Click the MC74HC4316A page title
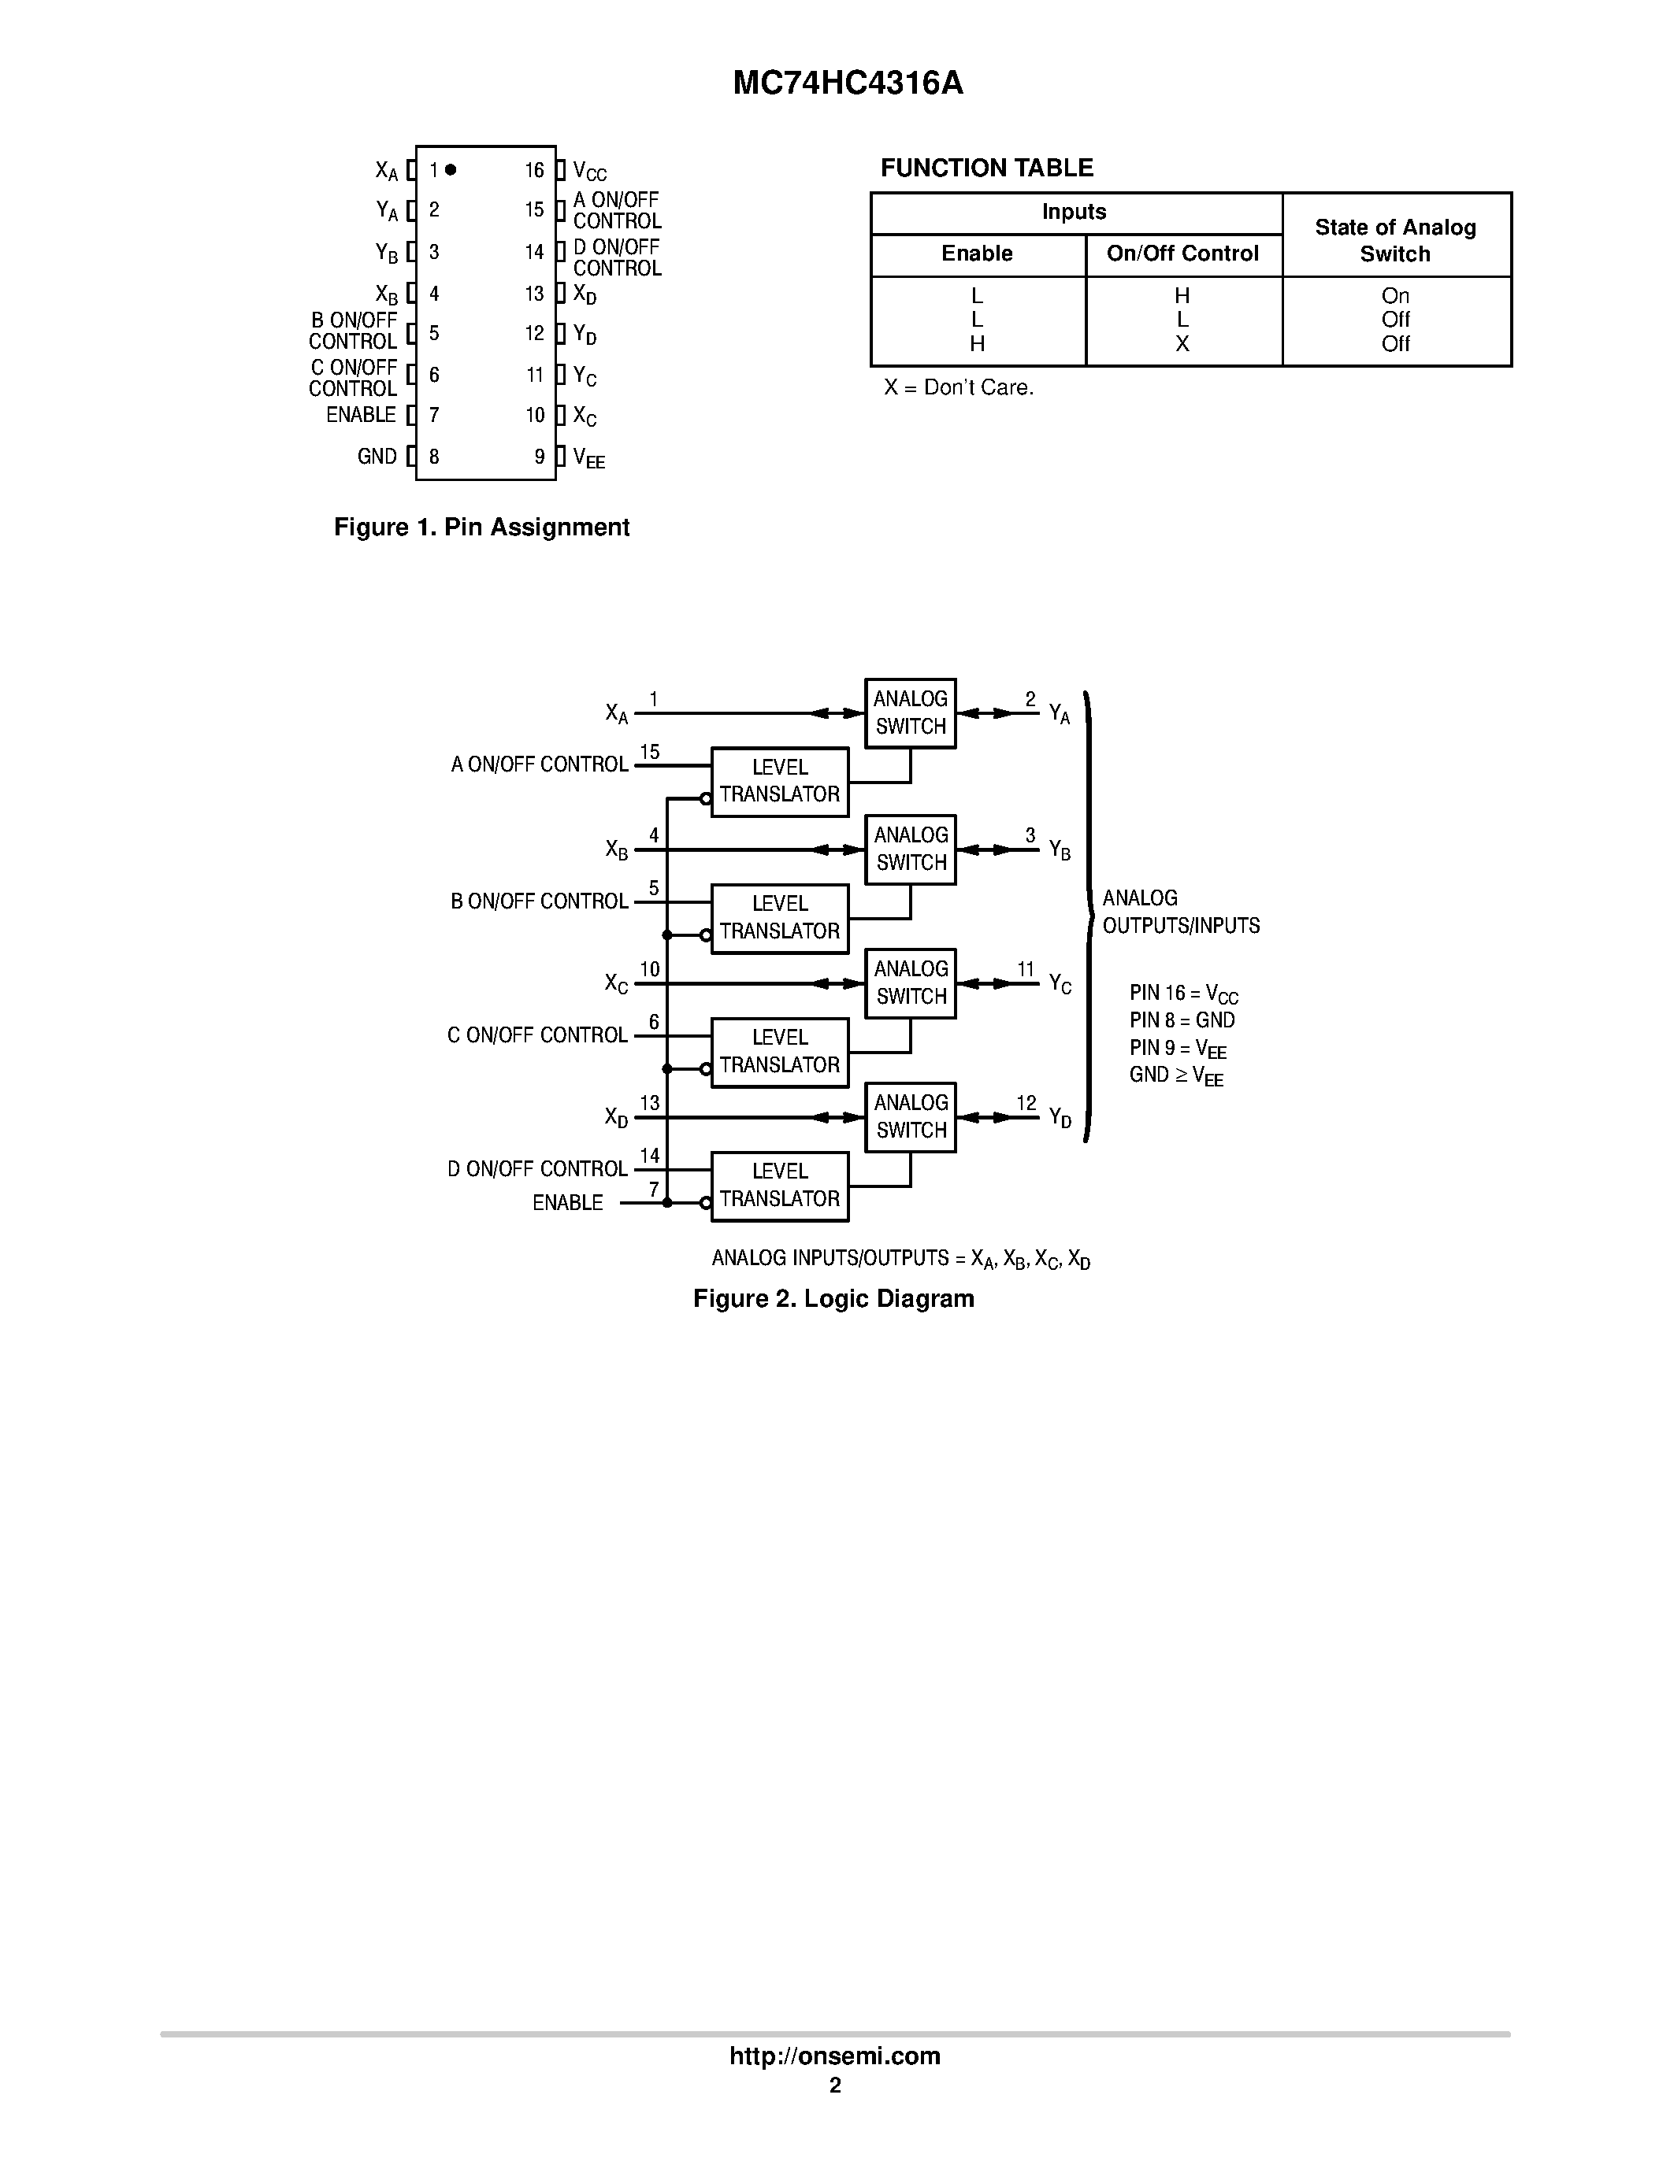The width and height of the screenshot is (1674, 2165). (x=848, y=83)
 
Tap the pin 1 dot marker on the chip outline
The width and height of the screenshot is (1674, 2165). (x=451, y=169)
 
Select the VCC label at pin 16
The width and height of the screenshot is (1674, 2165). (x=589, y=172)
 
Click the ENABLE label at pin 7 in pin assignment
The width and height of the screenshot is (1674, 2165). (x=361, y=414)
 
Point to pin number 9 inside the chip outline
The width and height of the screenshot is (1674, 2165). (x=540, y=457)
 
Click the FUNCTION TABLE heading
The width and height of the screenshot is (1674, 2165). (x=987, y=168)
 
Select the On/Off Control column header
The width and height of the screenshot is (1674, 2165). (x=1182, y=254)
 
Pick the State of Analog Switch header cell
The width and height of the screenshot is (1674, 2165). (x=1395, y=240)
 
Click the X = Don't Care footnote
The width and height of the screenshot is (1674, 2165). (x=959, y=387)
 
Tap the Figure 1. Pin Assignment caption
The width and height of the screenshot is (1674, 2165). (x=481, y=527)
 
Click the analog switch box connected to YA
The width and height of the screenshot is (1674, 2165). (x=909, y=712)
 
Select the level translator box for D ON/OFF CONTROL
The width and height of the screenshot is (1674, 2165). (x=779, y=1186)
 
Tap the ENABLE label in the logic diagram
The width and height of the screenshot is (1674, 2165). (x=567, y=1202)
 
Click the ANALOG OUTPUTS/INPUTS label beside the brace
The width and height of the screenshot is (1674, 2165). (x=1180, y=911)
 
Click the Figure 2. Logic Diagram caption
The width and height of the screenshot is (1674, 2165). (x=833, y=1298)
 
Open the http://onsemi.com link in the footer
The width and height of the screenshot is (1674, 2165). (x=835, y=2056)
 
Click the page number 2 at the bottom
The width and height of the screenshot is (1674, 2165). (x=835, y=2085)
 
